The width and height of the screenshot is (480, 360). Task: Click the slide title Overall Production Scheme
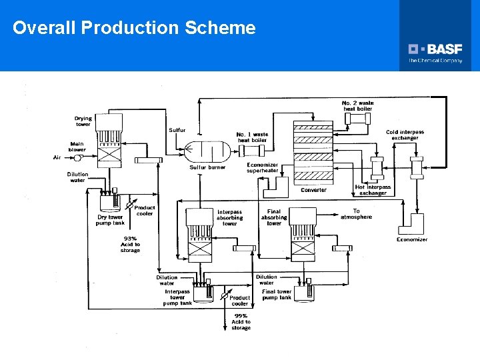pyautogui.click(x=134, y=28)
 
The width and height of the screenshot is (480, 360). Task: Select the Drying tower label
pyautogui.click(x=83, y=121)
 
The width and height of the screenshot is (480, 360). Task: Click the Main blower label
pyautogui.click(x=78, y=146)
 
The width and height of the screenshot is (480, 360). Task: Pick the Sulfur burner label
pyautogui.click(x=207, y=167)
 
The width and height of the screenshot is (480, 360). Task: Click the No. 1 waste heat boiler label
pyautogui.click(x=252, y=137)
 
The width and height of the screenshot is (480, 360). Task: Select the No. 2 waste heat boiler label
pyautogui.click(x=358, y=105)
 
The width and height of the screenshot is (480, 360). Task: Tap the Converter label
pyautogui.click(x=313, y=190)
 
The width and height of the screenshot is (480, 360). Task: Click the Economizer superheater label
pyautogui.click(x=262, y=168)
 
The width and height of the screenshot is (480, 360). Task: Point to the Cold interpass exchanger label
pyautogui.click(x=405, y=135)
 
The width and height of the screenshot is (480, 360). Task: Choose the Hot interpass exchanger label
pyautogui.click(x=373, y=190)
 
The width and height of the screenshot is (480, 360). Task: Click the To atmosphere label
pyautogui.click(x=356, y=214)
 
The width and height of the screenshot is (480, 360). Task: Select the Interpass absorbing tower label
pyautogui.click(x=229, y=218)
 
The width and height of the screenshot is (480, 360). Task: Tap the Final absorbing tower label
pyautogui.click(x=274, y=217)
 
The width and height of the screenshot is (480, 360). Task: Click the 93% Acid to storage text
pyautogui.click(x=131, y=245)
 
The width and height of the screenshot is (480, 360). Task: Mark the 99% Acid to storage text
pyautogui.click(x=241, y=322)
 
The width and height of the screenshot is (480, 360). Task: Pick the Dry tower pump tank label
pyautogui.click(x=110, y=219)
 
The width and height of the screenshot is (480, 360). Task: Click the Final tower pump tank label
pyautogui.click(x=277, y=294)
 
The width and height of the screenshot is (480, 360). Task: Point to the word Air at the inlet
pyautogui.click(x=57, y=157)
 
